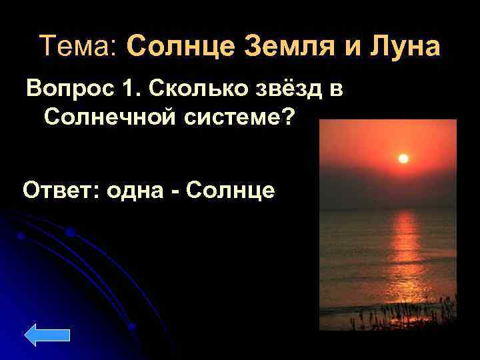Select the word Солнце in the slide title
point(176,47)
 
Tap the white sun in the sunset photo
point(403,158)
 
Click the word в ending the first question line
point(336,89)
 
